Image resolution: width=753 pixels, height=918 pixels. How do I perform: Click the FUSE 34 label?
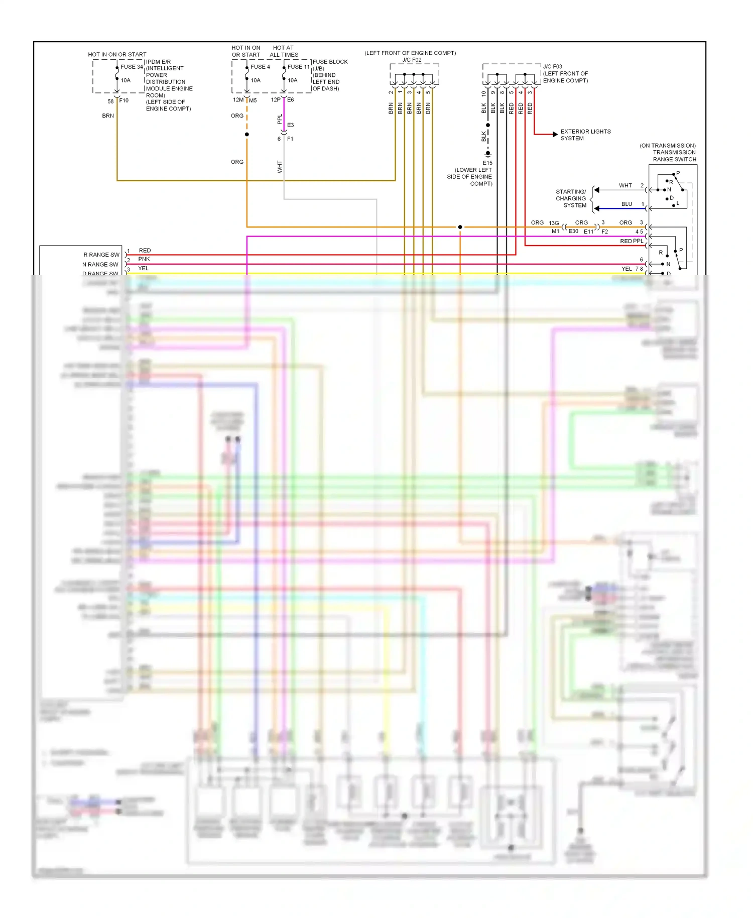(132, 67)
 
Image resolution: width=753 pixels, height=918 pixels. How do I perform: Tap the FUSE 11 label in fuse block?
(299, 67)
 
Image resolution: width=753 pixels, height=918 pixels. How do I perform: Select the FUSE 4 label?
(260, 67)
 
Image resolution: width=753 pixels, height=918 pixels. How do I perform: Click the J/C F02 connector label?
(412, 60)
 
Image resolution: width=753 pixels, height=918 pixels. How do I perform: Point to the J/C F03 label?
(552, 66)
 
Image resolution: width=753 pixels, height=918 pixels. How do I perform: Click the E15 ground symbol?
(487, 154)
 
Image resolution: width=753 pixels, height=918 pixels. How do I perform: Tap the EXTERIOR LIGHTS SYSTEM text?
(585, 135)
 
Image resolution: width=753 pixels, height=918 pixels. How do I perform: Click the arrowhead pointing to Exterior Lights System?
(555, 134)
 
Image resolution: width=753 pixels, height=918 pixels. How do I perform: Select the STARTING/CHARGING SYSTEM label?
(571, 198)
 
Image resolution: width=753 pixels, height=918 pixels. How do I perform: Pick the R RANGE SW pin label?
(101, 255)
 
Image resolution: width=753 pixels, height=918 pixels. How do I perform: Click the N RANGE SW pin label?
(100, 264)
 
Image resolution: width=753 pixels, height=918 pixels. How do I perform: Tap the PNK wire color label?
(144, 259)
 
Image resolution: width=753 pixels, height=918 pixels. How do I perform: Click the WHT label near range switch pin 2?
(625, 185)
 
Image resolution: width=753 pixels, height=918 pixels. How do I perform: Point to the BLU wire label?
(626, 204)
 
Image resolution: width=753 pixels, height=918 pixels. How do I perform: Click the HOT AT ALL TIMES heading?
(284, 51)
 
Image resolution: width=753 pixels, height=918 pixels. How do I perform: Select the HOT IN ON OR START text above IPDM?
(117, 54)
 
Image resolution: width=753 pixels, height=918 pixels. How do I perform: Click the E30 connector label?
(573, 231)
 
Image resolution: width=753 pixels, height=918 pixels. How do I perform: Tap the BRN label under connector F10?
(108, 116)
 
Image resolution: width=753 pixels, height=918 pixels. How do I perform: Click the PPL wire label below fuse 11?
(280, 119)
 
